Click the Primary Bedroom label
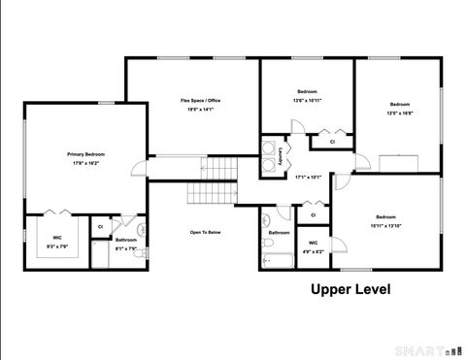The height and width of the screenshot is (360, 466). [86, 154]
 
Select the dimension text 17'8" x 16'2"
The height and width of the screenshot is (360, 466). [86, 163]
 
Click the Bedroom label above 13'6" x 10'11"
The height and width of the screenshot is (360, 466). [307, 91]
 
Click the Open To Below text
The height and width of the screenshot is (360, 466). [206, 232]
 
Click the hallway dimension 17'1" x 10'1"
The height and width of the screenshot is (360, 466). [308, 177]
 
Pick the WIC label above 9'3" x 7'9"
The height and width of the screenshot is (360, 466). [57, 237]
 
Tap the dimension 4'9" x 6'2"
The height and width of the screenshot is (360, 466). [313, 251]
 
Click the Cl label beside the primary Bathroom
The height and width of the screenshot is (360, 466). [100, 226]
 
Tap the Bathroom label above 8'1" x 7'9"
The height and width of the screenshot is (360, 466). [126, 240]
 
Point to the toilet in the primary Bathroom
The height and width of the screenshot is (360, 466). [142, 252]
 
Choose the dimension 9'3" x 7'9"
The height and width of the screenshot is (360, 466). [57, 246]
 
